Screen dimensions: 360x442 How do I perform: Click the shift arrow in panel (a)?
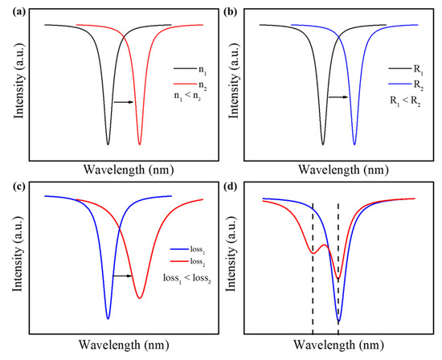123,102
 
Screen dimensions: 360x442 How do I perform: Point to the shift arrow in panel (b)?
338,97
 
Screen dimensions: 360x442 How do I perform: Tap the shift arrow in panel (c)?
121,276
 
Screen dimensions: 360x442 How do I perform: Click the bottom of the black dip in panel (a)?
108,144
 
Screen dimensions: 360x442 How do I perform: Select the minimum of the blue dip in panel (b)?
354,145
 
